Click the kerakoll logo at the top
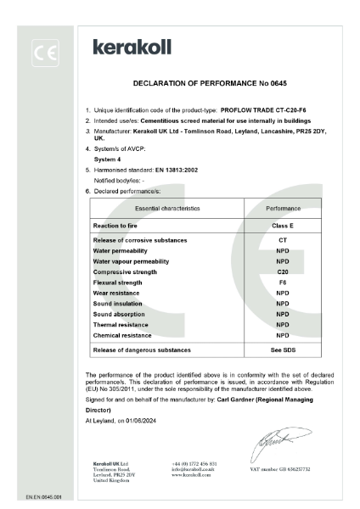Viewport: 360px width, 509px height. pyautogui.click(x=135, y=48)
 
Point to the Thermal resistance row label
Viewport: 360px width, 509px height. pyautogui.click(x=121, y=324)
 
